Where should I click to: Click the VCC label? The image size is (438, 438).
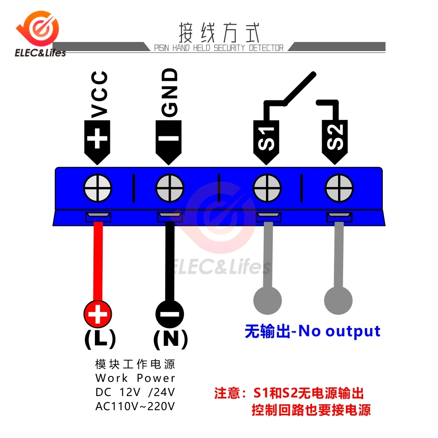tap(99, 94)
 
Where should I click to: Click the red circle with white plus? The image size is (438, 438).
tap(98, 314)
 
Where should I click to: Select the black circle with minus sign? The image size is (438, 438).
tap(170, 314)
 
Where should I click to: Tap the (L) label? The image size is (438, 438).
tap(100, 338)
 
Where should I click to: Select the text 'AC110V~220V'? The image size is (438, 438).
tap(135, 406)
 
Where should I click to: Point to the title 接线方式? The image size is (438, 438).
tap(219, 32)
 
